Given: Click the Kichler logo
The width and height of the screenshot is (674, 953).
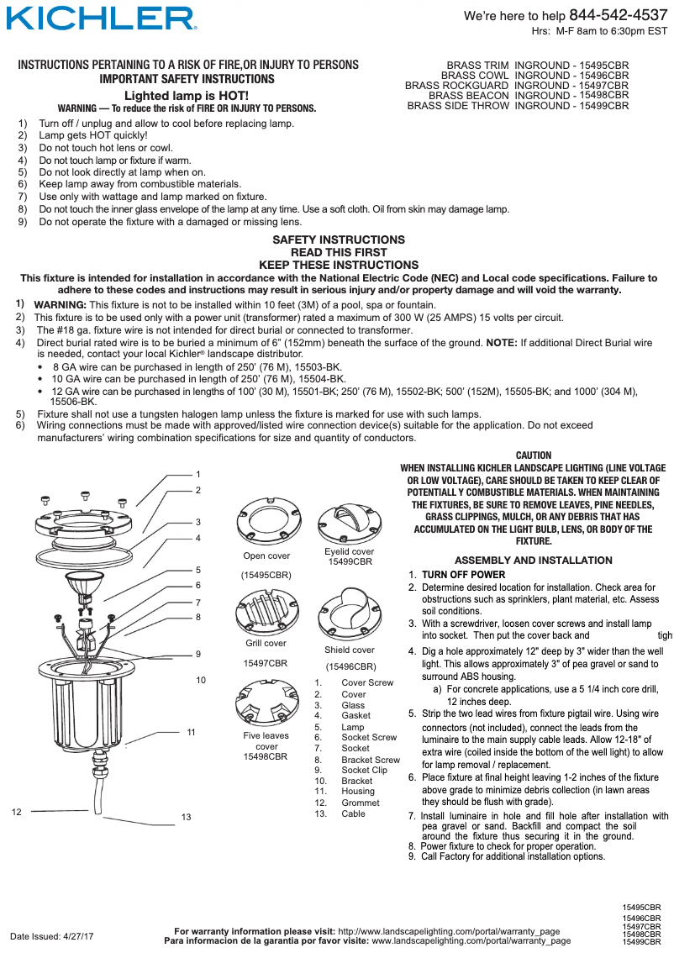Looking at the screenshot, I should coord(101,18).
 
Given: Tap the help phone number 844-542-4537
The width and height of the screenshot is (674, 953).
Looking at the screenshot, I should coord(618,15).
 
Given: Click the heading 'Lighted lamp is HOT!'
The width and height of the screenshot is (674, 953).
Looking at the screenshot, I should coord(187,96).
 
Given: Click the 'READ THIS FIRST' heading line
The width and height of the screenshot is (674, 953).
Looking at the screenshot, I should coord(338,252).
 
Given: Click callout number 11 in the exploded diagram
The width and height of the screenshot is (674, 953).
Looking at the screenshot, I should coord(192,733).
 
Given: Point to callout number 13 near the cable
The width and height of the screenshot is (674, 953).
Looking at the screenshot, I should coord(186,818).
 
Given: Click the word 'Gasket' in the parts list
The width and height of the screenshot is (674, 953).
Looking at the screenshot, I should coord(355,716).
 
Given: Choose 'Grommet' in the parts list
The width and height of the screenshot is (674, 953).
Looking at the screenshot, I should coord(360,803).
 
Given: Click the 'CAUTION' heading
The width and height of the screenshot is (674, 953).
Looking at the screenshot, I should coord(533,455).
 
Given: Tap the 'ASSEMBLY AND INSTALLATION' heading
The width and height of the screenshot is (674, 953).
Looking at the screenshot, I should coord(533,561).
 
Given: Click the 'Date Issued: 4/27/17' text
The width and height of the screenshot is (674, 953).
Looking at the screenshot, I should coord(51,936).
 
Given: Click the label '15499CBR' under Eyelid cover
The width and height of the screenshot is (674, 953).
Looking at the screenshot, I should coord(349,561).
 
